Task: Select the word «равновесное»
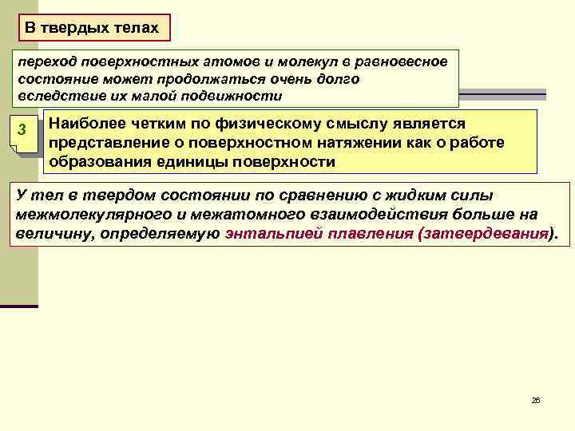(406, 63)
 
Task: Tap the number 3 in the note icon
(23, 131)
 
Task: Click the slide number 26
(536, 399)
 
